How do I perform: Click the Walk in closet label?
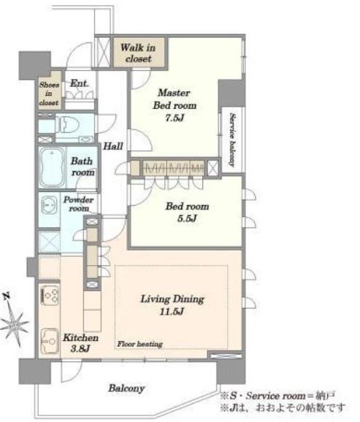pyautogui.click(x=138, y=53)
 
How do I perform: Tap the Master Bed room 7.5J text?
pyautogui.click(x=175, y=105)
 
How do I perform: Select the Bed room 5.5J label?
pyautogui.click(x=187, y=212)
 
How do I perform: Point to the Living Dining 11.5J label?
pyautogui.click(x=172, y=305)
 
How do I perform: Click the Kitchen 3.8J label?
pyautogui.click(x=80, y=343)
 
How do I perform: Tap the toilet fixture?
pyautogui.click(x=67, y=124)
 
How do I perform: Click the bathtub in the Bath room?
pyautogui.click(x=51, y=167)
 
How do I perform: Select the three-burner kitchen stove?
pyautogui.click(x=50, y=296)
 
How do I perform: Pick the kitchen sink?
pyautogui.click(x=50, y=341)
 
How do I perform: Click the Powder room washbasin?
pyautogui.click(x=49, y=205)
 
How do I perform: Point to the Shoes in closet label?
pyautogui.click(x=49, y=93)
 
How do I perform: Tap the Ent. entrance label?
pyautogui.click(x=79, y=83)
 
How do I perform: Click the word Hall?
pyautogui.click(x=113, y=146)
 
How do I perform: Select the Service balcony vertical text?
pyautogui.click(x=232, y=140)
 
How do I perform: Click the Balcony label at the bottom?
pyautogui.click(x=126, y=388)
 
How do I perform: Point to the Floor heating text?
pyautogui.click(x=139, y=344)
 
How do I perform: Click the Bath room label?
pyautogui.click(x=82, y=166)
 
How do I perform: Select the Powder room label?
pyautogui.click(x=78, y=204)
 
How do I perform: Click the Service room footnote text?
pyautogui.click(x=277, y=396)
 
